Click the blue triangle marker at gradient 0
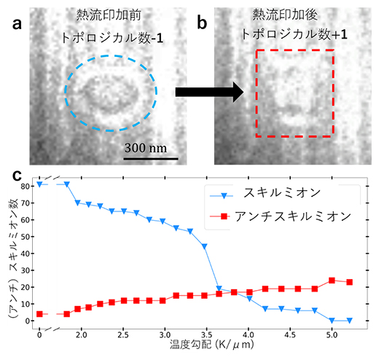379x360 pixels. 39,184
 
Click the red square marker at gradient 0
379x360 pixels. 39,314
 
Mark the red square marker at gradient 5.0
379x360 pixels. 332,280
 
